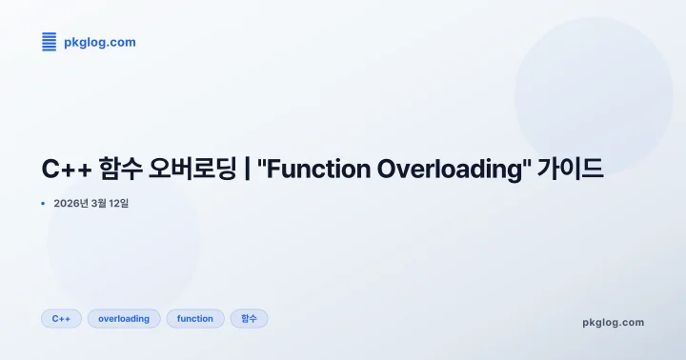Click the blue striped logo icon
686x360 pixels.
click(x=49, y=42)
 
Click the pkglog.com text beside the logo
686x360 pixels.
click(x=99, y=42)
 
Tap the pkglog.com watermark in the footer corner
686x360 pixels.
click(x=613, y=322)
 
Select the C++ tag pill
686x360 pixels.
click(x=61, y=318)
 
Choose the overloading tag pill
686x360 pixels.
click(x=124, y=318)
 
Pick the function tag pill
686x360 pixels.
click(x=195, y=318)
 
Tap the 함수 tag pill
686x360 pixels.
click(x=249, y=318)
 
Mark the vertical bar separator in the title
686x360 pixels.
click(x=248, y=170)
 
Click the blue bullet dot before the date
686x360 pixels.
click(x=43, y=203)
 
